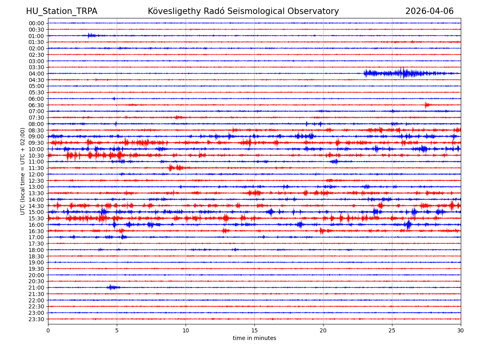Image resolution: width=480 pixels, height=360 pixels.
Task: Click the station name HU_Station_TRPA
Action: coord(62,11)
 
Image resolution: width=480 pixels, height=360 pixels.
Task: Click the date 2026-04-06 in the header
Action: coord(429,11)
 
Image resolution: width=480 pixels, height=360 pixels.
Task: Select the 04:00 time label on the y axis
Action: coord(36,74)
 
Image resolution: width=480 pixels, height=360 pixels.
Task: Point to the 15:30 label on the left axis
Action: coord(36,218)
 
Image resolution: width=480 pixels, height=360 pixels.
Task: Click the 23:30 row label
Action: coord(36,319)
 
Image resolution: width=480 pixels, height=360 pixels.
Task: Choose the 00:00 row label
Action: coord(36,23)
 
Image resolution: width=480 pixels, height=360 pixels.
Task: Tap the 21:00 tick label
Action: coord(36,288)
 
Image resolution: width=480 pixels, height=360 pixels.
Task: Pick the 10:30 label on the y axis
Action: coord(36,156)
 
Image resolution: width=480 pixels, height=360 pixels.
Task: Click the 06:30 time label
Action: coord(36,105)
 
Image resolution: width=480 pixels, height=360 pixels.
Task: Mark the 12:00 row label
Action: coord(36,174)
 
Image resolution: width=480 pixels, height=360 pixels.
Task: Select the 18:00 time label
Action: coord(36,250)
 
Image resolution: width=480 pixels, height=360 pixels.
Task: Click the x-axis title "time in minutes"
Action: coord(254,338)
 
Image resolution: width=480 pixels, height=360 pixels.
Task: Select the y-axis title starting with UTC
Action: coord(23,171)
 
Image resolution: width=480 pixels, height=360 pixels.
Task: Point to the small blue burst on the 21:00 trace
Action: coord(112,287)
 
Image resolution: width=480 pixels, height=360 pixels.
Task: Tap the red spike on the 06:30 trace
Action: coord(427,105)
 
